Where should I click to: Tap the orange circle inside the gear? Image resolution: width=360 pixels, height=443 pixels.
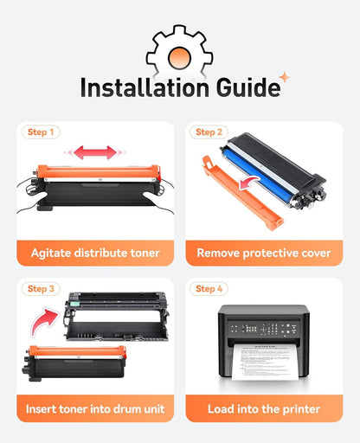click(x=179, y=58)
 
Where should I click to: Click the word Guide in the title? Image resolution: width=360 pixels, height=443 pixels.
click(x=248, y=87)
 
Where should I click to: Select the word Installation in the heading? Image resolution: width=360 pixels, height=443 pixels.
click(x=145, y=87)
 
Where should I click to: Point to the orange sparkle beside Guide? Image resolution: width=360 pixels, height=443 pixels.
click(x=285, y=77)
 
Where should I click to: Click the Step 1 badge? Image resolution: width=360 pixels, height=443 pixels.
click(x=41, y=132)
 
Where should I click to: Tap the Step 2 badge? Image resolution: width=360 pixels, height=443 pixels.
click(x=209, y=132)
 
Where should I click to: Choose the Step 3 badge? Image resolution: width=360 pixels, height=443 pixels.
click(x=41, y=289)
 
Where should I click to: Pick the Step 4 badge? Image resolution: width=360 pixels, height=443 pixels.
click(x=209, y=289)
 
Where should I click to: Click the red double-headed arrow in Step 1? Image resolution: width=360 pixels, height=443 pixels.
click(x=95, y=152)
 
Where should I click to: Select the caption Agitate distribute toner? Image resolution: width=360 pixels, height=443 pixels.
click(x=95, y=253)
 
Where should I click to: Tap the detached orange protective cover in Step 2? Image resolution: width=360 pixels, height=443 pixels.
click(x=242, y=193)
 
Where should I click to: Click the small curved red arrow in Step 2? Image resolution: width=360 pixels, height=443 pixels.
click(x=248, y=183)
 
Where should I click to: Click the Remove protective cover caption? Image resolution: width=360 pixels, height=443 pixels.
click(x=264, y=254)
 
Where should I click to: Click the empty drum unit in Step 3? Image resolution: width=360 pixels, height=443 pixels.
click(x=116, y=318)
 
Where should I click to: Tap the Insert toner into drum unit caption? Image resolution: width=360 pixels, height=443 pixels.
click(x=95, y=409)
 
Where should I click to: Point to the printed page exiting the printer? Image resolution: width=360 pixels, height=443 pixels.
click(x=265, y=362)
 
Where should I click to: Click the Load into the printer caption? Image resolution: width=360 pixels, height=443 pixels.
click(x=264, y=409)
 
